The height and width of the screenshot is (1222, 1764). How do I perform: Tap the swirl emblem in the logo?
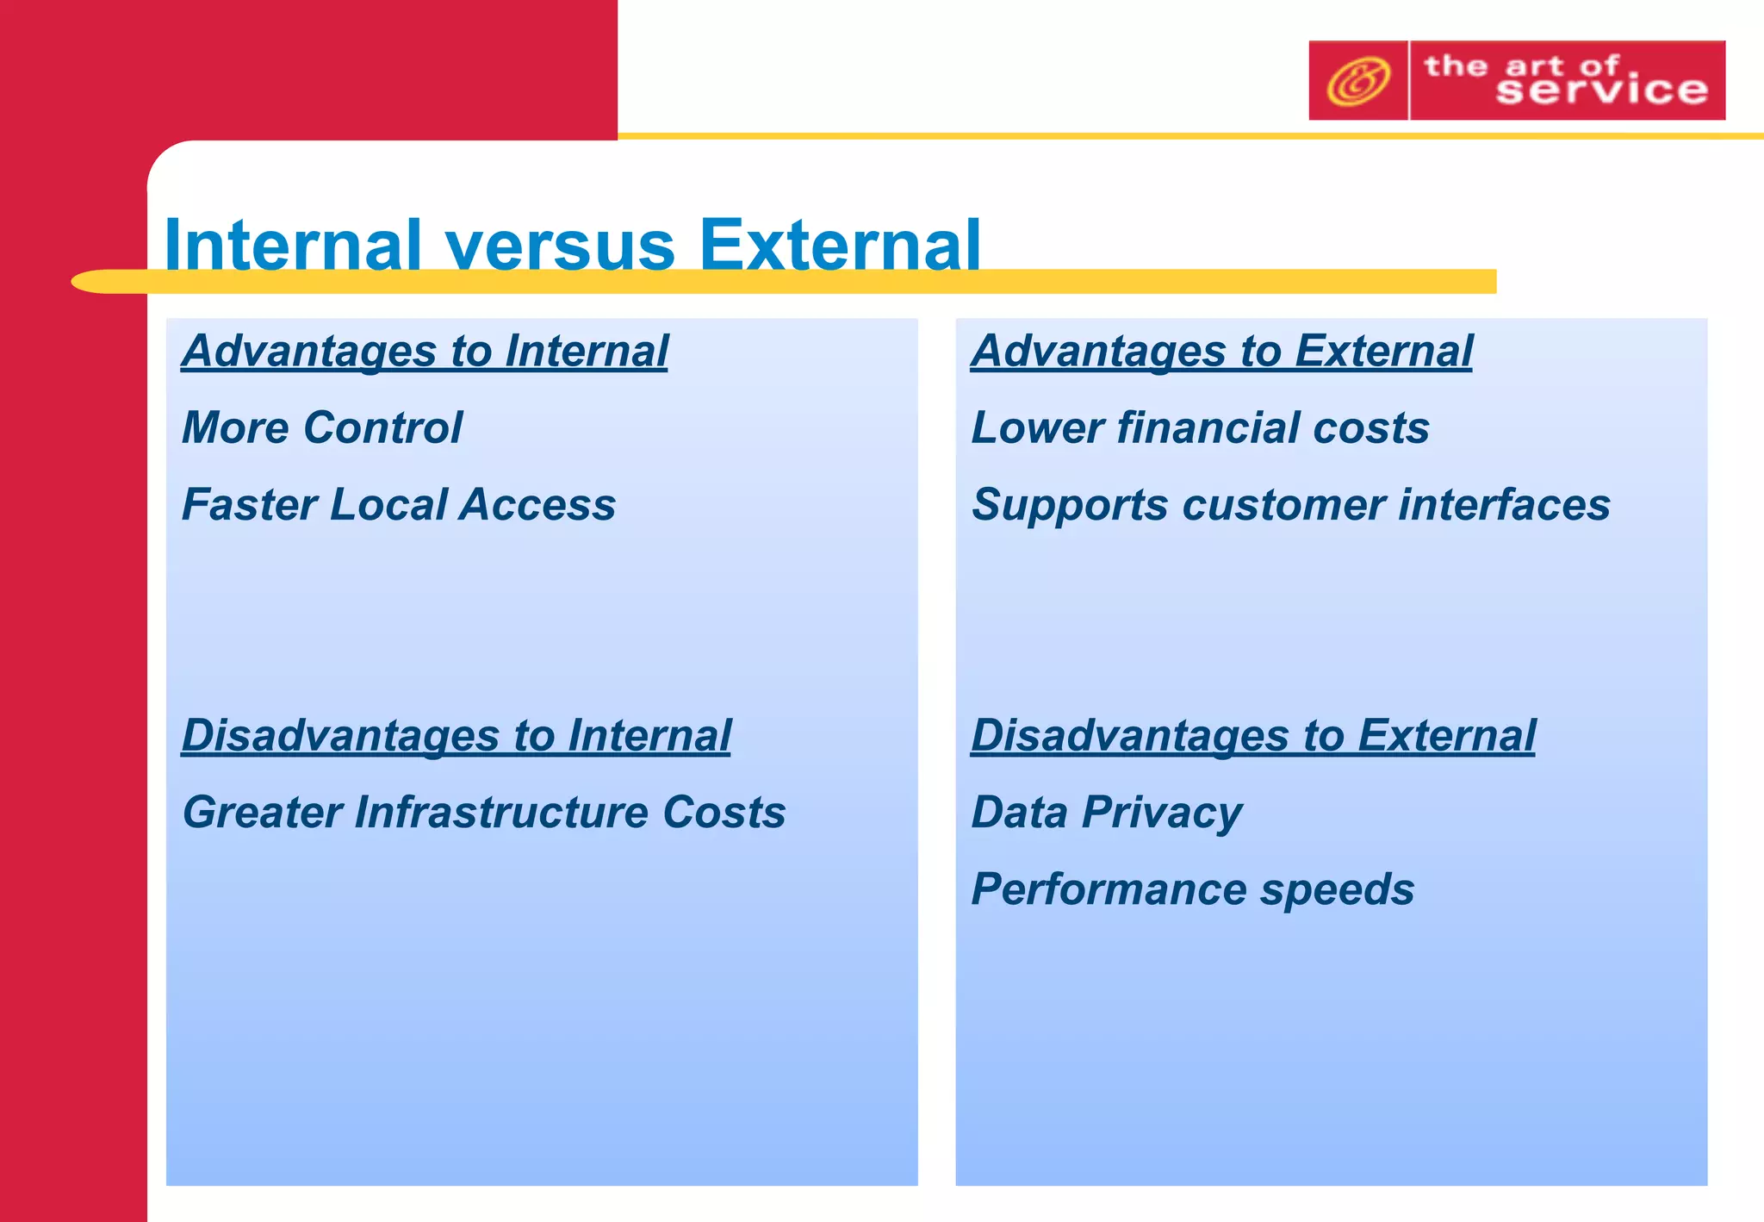1357,81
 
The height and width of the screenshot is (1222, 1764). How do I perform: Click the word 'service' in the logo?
1601,90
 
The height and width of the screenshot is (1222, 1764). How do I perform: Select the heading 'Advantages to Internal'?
425,351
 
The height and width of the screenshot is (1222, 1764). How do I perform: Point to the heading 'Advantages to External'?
1221,351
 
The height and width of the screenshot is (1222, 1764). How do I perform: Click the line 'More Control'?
322,427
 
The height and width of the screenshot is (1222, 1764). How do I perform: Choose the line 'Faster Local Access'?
399,504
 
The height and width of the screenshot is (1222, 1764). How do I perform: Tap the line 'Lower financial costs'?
1200,427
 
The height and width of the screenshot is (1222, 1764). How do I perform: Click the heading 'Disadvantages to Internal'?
456,735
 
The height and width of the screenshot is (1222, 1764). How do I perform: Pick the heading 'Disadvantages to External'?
1252,735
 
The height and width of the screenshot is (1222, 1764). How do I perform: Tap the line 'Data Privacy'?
1106,812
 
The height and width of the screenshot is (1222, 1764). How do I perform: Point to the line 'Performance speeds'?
1192,888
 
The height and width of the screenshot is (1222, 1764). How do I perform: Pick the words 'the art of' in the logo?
1521,65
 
